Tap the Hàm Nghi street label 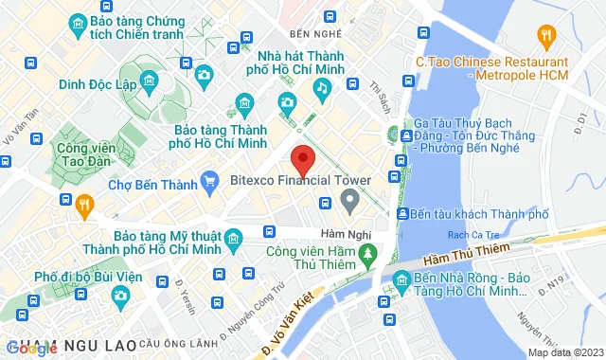point(344,234)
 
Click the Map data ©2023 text point(564,352)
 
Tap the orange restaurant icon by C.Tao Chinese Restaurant point(545,37)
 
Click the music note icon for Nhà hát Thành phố point(322,88)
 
